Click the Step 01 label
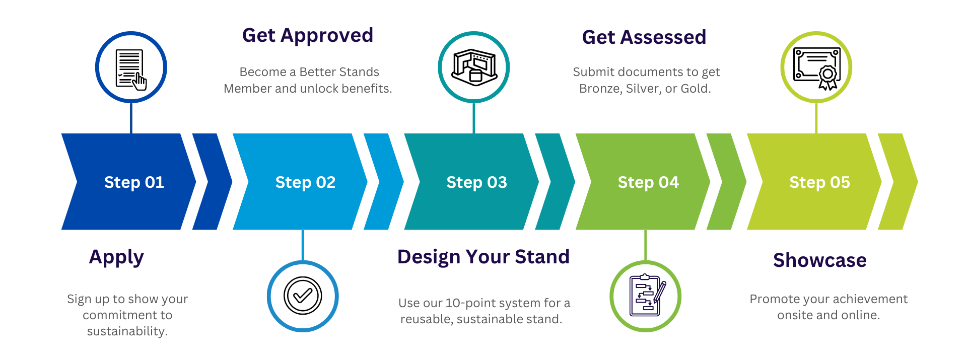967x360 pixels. pyautogui.click(x=134, y=182)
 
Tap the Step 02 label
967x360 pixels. pyautogui.click(x=305, y=182)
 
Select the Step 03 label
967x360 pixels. pyautogui.click(x=476, y=182)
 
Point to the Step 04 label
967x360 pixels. pyautogui.click(x=648, y=182)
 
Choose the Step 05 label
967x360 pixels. pyautogui.click(x=819, y=182)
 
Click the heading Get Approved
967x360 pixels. pyautogui.click(x=308, y=36)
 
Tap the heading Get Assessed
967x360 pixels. pyautogui.click(x=644, y=37)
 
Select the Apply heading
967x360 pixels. pyautogui.click(x=116, y=257)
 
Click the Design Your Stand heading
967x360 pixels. pyautogui.click(x=483, y=257)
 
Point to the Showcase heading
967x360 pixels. pyautogui.click(x=820, y=260)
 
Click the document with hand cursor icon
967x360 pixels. pyautogui.click(x=131, y=68)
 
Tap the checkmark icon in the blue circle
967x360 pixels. pyautogui.click(x=303, y=296)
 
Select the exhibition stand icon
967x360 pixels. pyautogui.click(x=474, y=67)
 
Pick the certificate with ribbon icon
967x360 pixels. pyautogui.click(x=816, y=67)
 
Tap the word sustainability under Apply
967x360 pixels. pyautogui.click(x=127, y=331)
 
